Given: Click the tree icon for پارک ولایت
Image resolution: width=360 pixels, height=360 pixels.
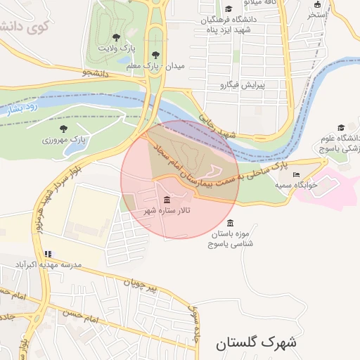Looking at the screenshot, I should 116,37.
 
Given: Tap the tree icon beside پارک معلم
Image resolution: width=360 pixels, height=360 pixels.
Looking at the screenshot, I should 155,54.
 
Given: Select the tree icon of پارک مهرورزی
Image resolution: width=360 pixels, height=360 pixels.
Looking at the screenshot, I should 64,129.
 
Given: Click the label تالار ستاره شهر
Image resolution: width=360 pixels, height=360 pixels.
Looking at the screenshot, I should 167,210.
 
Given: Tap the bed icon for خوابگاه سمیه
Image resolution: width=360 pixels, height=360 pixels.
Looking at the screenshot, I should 296,174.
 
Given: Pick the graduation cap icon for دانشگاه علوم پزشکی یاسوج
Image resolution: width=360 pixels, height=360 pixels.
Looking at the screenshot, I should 341,128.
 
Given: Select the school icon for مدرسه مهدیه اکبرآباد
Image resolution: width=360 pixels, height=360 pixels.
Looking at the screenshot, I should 48,254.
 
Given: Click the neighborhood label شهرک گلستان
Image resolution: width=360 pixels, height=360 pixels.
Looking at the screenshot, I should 257,343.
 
